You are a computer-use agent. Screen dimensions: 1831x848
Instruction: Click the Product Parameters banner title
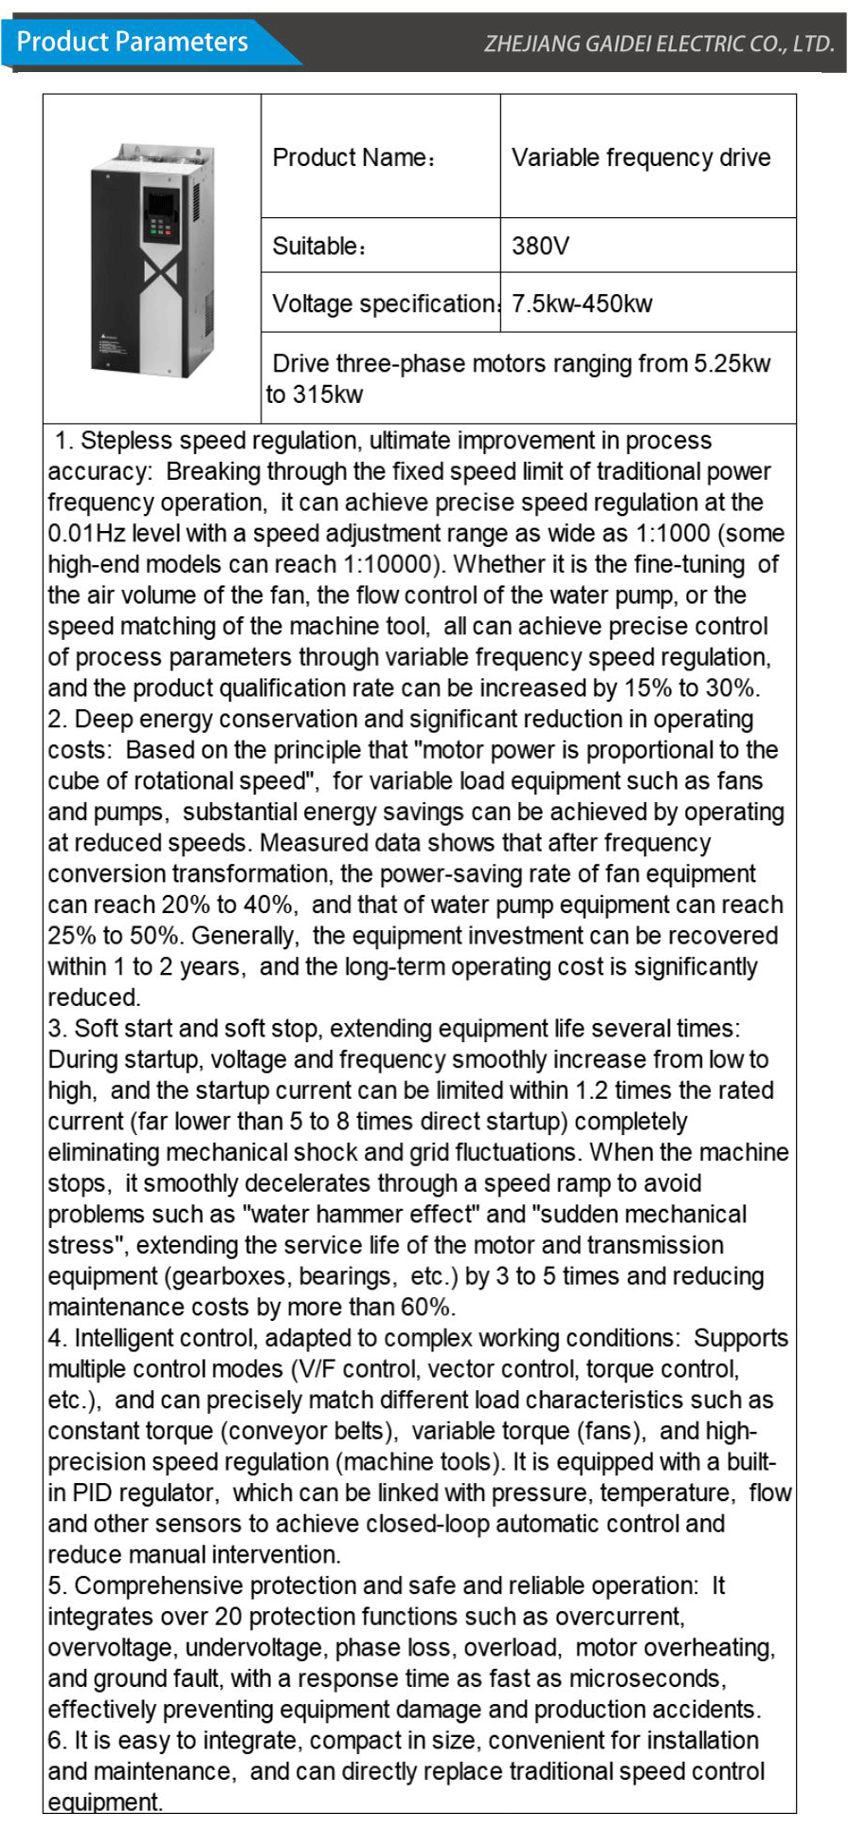pos(133,43)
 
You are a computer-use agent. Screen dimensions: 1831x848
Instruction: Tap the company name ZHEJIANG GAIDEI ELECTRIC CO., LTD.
pos(659,44)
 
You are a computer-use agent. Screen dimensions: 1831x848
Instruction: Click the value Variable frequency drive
pos(641,157)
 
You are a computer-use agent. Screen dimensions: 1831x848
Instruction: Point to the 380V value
pos(540,247)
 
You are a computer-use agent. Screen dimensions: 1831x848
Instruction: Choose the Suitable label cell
pos(318,247)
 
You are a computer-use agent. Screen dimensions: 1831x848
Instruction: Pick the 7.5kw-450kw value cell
pos(582,304)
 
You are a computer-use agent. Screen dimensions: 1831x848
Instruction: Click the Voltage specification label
pos(384,304)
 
